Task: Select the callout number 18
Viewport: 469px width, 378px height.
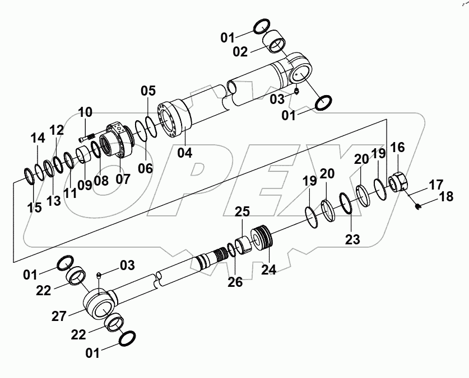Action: pos(445,196)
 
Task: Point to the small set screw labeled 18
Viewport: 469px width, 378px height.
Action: pos(418,206)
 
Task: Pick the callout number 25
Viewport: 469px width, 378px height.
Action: pos(242,213)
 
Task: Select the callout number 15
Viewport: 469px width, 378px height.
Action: pos(34,207)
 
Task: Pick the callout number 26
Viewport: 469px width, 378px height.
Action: pos(235,282)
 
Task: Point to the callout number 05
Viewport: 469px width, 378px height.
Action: pos(147,91)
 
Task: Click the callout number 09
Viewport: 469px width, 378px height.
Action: pos(85,185)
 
